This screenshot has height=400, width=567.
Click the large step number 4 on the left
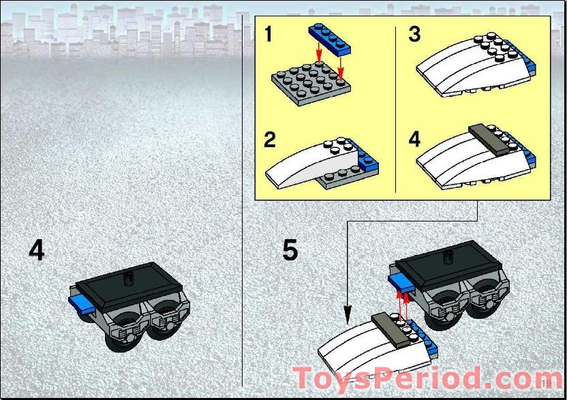pos(37,251)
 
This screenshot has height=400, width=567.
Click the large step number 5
pos(290,250)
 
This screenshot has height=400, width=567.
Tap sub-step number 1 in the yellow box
pos(268,34)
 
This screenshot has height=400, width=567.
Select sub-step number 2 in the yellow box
pos(270,140)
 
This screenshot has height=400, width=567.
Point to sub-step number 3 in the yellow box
pos(414,34)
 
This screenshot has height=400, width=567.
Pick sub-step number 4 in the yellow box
pos(415,139)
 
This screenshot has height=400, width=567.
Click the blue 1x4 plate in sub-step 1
pos(330,40)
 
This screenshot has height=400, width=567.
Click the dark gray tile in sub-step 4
pos(488,140)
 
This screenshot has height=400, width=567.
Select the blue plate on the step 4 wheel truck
pos(82,304)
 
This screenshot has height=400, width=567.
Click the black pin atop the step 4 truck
pos(128,279)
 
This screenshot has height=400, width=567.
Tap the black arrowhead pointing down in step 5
pos(348,315)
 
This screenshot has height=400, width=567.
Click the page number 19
pos(547,383)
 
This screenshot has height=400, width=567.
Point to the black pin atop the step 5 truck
pos(448,256)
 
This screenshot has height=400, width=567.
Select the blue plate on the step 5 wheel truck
pos(401,282)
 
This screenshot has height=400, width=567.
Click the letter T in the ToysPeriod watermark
pos(305,378)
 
